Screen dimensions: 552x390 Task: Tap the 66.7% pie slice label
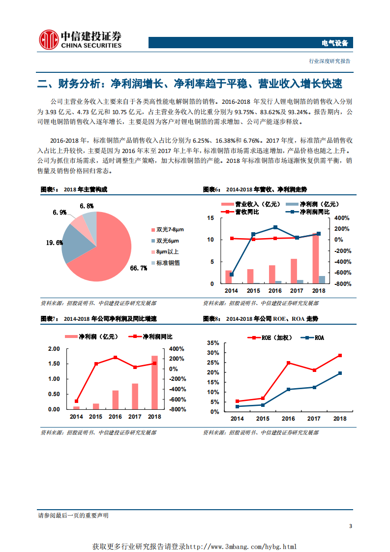click(x=138, y=268)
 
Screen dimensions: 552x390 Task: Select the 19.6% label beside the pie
click(x=54, y=243)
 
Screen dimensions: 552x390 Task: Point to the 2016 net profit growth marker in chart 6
click(x=275, y=227)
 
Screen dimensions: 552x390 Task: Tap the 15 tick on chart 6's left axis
click(x=210, y=218)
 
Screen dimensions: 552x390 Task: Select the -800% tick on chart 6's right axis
click(x=342, y=284)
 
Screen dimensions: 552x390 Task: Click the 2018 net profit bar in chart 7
click(x=154, y=382)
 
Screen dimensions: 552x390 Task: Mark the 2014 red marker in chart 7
click(x=76, y=401)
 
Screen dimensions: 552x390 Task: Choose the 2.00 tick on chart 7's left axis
click(x=53, y=349)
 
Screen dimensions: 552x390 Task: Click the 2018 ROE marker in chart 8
click(x=340, y=355)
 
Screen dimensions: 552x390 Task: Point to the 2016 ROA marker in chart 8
click(x=288, y=390)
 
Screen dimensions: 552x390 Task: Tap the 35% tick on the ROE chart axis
click(x=212, y=342)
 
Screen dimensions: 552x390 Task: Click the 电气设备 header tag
click(x=334, y=43)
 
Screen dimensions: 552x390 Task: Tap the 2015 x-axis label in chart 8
click(x=263, y=419)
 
